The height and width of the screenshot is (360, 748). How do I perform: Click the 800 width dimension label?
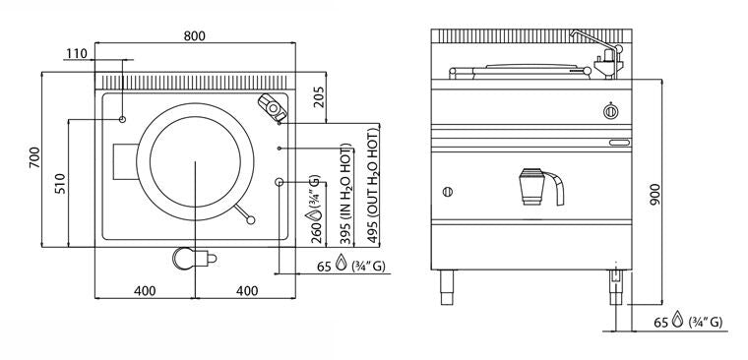[x=194, y=36]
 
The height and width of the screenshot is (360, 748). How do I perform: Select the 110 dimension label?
[x=77, y=53]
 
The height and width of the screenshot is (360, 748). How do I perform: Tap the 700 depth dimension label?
[x=34, y=157]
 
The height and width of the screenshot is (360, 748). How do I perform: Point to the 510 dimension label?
[x=60, y=183]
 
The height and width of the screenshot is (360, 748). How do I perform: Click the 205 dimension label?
[x=319, y=97]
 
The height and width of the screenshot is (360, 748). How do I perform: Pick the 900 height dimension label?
[x=654, y=195]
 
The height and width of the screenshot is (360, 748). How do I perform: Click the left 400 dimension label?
[x=145, y=290]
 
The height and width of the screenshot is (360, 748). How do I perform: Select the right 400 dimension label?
[x=247, y=290]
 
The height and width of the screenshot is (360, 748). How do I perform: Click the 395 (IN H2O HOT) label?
[x=346, y=193]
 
